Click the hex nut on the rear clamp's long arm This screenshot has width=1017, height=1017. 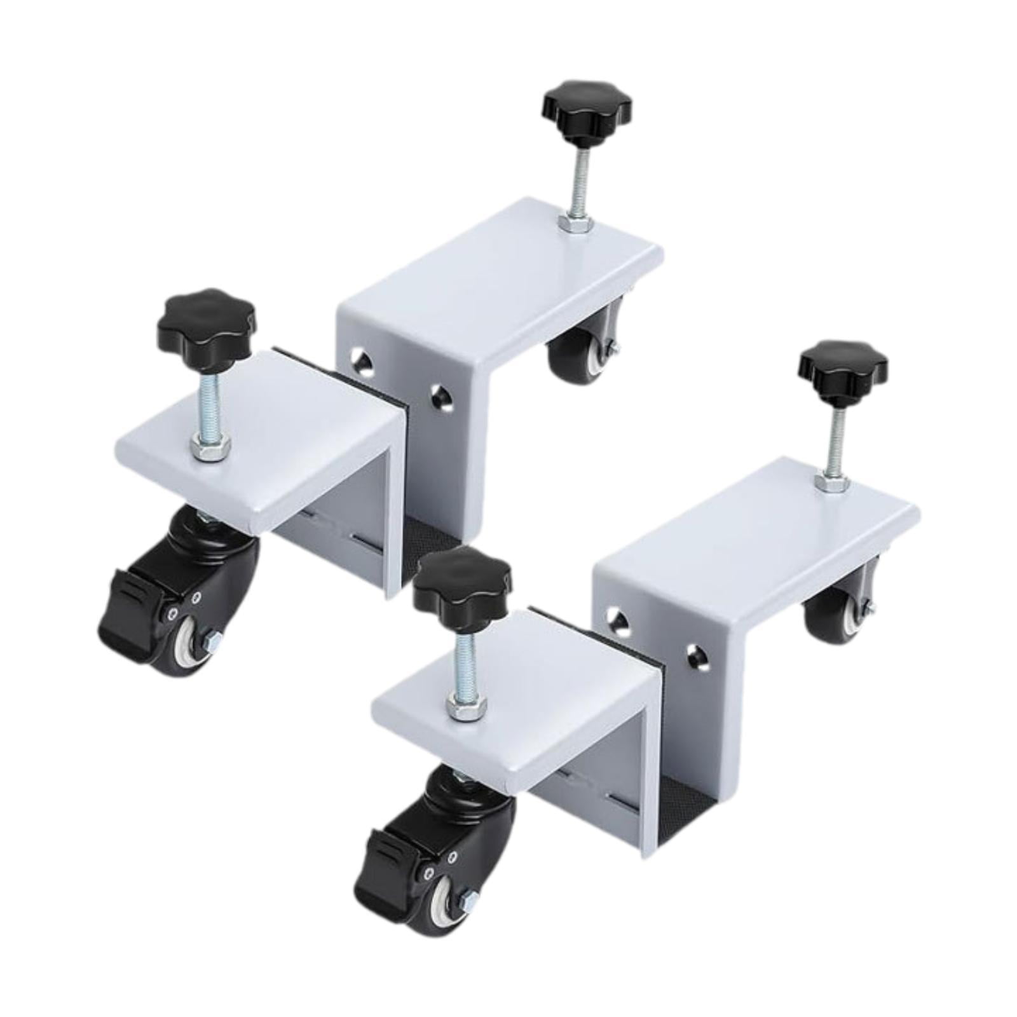575,223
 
